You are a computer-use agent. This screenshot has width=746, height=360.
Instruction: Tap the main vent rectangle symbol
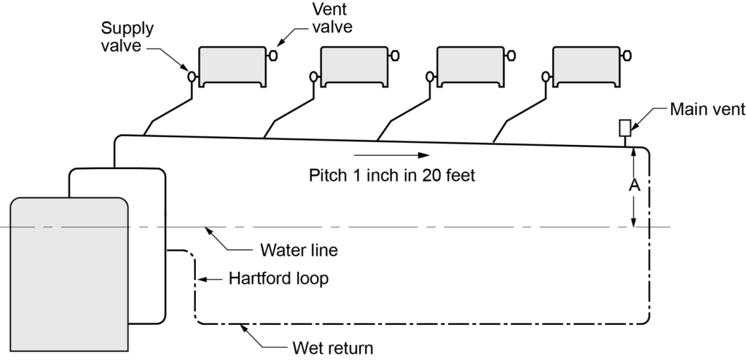point(624,128)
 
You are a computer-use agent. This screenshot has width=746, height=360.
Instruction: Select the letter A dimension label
point(634,186)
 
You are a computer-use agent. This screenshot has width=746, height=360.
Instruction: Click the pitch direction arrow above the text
point(390,155)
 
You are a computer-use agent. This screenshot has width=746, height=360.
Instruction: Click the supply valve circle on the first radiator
point(192,75)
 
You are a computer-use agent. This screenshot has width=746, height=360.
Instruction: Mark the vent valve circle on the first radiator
point(273,55)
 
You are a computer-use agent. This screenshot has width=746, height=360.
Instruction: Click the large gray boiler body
point(69,277)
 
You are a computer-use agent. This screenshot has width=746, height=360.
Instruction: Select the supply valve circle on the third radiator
point(429,75)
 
